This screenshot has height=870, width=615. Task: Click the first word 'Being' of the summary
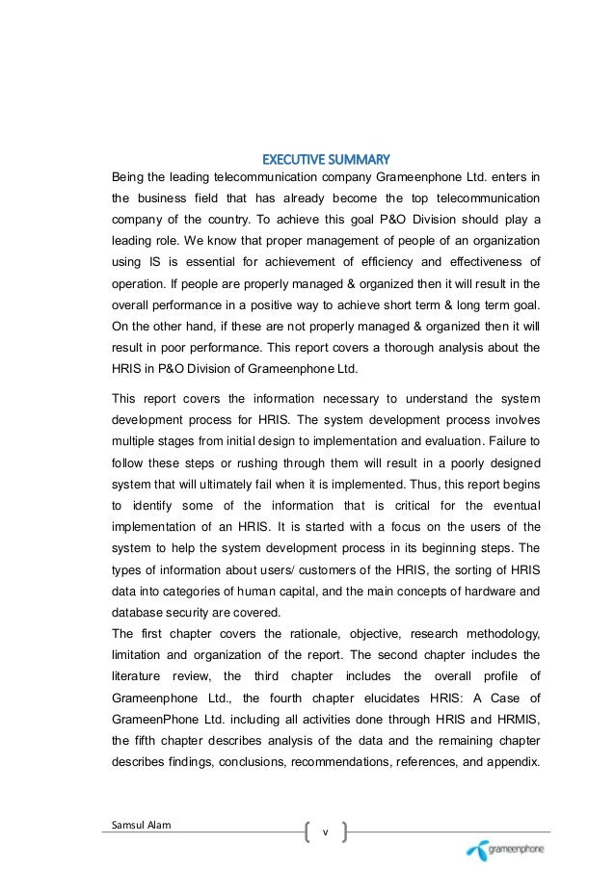tap(130, 178)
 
